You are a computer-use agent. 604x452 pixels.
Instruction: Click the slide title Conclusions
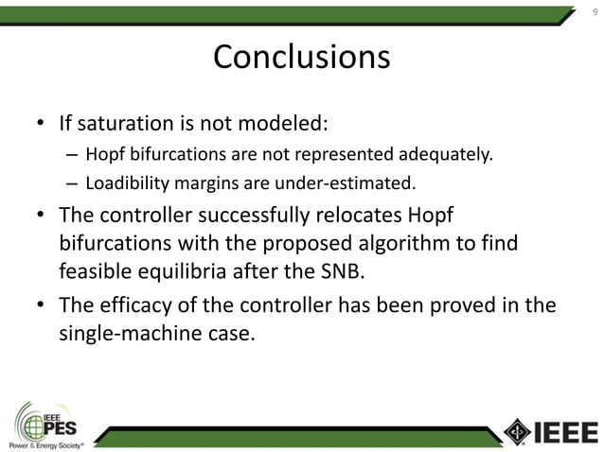pyautogui.click(x=301, y=58)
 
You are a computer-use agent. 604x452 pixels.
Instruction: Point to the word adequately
pyautogui.click(x=440, y=154)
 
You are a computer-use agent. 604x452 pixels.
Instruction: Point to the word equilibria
pyautogui.click(x=180, y=273)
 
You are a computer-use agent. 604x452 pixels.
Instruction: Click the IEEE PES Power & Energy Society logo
pyautogui.click(x=47, y=426)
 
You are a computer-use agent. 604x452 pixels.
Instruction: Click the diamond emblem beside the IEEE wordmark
pyautogui.click(x=517, y=431)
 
